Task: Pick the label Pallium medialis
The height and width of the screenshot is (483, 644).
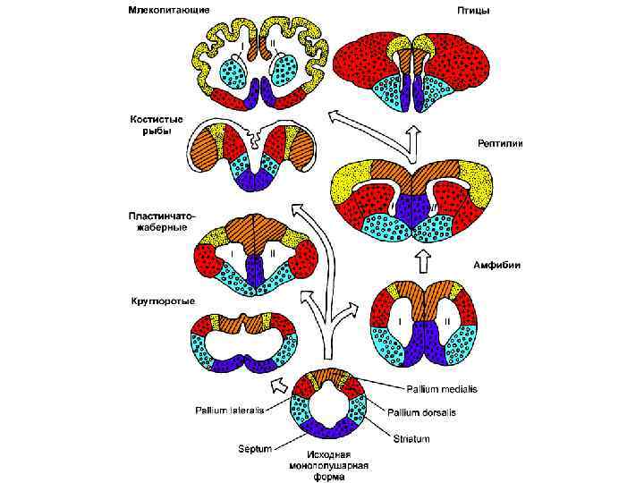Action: (442, 389)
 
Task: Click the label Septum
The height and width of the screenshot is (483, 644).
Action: (254, 447)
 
